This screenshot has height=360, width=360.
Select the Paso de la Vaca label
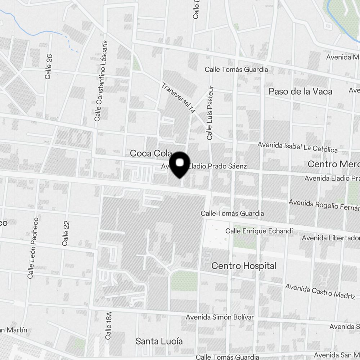click(x=300, y=91)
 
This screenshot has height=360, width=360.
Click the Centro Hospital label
click(x=244, y=266)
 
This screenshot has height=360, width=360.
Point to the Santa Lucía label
click(x=159, y=341)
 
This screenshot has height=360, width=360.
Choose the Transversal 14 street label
click(x=178, y=98)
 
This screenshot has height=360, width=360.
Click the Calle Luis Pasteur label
click(x=210, y=113)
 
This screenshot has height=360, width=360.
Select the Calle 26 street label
click(x=49, y=67)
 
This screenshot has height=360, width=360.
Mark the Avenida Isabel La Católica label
click(x=297, y=147)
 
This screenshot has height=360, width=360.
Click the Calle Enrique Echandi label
click(x=259, y=231)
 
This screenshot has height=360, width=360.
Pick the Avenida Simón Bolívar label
click(x=220, y=317)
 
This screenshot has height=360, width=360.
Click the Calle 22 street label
click(x=65, y=233)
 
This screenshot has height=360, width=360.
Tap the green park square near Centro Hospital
click(x=184, y=281)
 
